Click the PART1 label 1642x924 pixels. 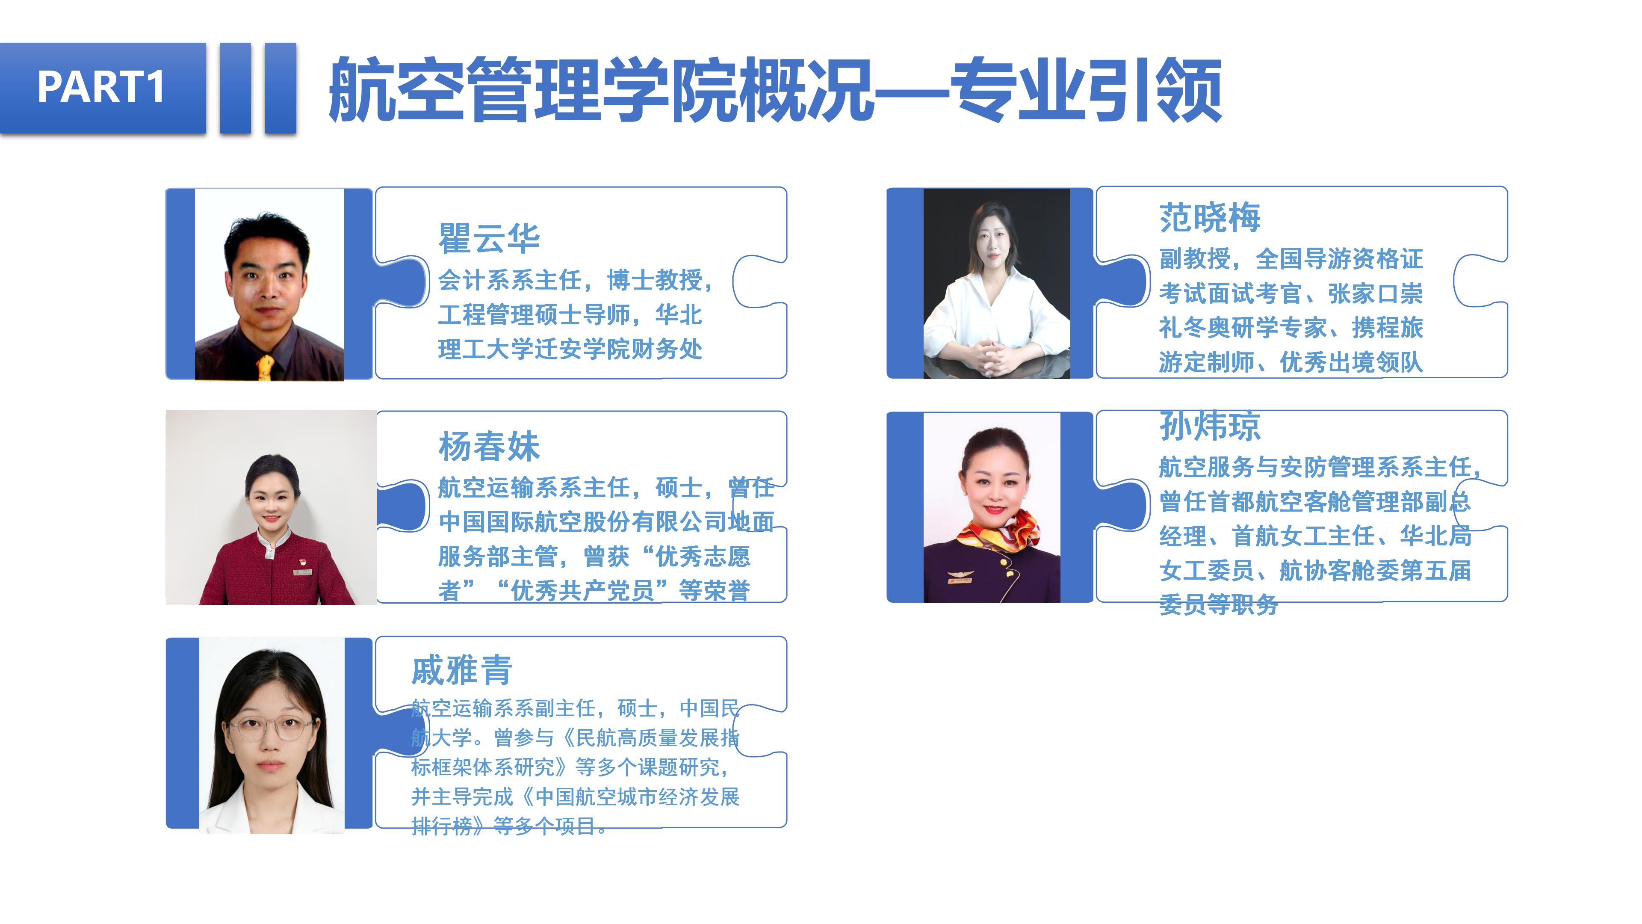pos(101,87)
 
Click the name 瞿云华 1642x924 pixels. pos(489,239)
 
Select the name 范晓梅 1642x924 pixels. pos(1210,217)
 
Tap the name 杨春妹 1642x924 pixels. pos(489,446)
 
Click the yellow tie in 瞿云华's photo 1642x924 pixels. pos(265,367)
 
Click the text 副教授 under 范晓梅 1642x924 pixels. pos(1195,259)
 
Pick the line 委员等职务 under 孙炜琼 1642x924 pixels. pos(1219,604)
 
